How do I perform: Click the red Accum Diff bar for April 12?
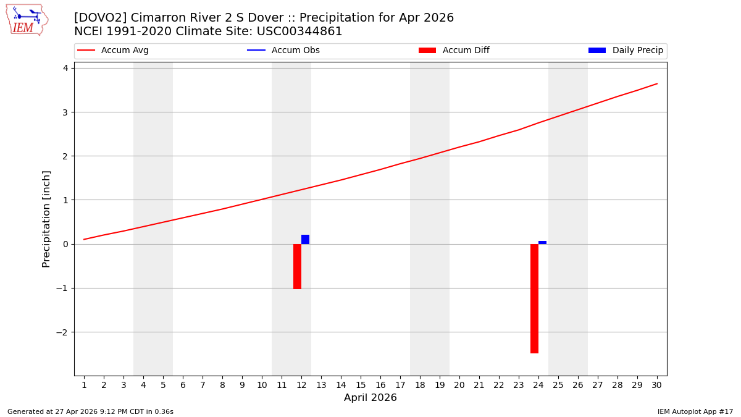[297, 266]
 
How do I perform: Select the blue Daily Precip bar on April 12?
[305, 240]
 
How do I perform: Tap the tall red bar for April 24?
[534, 298]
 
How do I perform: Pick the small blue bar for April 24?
[542, 242]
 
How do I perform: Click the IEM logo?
[27, 20]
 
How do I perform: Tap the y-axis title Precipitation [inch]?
[46, 219]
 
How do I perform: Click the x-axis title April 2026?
[371, 398]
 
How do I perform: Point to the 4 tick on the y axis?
[65, 68]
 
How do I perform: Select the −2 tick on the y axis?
[62, 332]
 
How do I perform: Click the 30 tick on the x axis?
[656, 385]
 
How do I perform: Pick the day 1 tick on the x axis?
[84, 385]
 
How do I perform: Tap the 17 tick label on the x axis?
[400, 385]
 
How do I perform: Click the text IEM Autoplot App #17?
[695, 411]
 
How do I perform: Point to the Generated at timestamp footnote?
[90, 411]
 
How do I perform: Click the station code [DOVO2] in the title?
[99, 18]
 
